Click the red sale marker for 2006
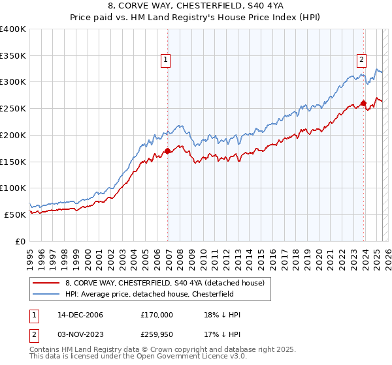click(168, 151)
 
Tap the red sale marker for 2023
click(364, 103)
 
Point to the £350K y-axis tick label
click(13, 56)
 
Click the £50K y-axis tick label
click(16, 214)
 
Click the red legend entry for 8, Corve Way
click(164, 283)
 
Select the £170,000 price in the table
click(157, 315)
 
